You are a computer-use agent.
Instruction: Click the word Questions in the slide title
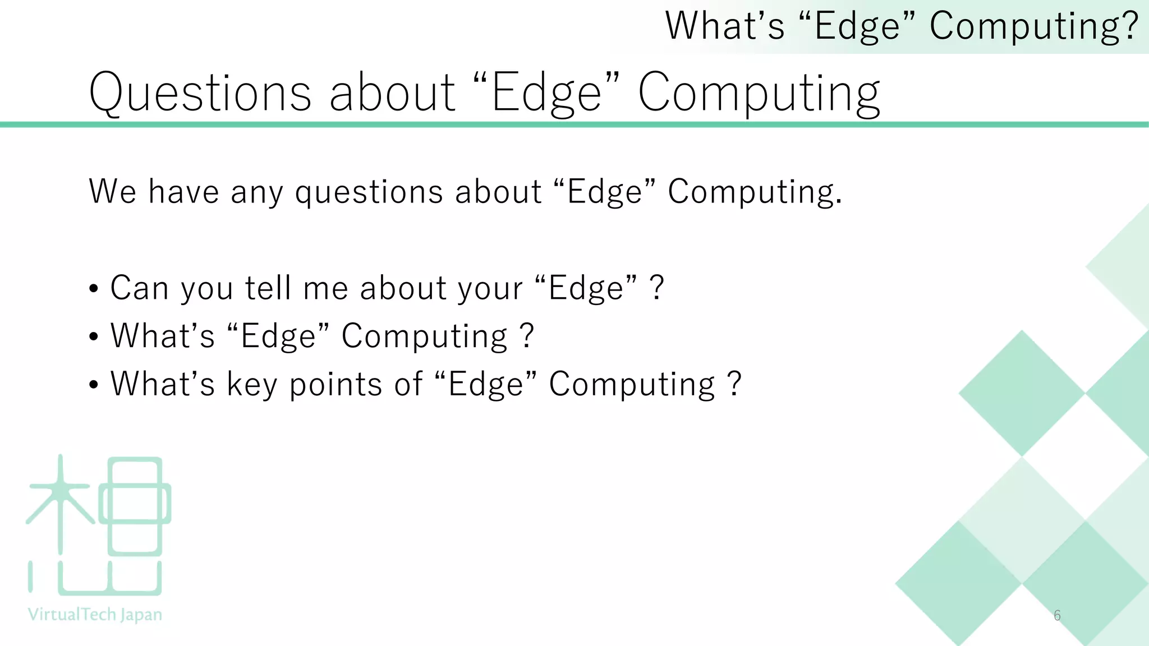200,93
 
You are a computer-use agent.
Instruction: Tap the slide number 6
1057,615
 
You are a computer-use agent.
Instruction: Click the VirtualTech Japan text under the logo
95,615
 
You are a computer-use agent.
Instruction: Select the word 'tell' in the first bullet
268,288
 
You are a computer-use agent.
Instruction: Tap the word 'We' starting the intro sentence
112,191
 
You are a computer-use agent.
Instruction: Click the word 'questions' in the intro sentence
369,192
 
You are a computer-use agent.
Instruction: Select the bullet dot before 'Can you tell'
94,289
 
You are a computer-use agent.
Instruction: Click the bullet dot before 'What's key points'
94,386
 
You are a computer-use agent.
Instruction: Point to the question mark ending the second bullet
526,336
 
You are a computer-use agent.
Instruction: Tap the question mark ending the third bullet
734,385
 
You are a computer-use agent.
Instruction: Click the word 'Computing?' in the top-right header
1033,26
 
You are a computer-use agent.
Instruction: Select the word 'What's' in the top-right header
724,26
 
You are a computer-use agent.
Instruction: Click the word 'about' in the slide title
392,93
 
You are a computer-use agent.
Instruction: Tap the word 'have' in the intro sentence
183,191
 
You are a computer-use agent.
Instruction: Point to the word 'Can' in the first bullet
139,288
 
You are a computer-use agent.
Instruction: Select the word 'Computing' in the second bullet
425,336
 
